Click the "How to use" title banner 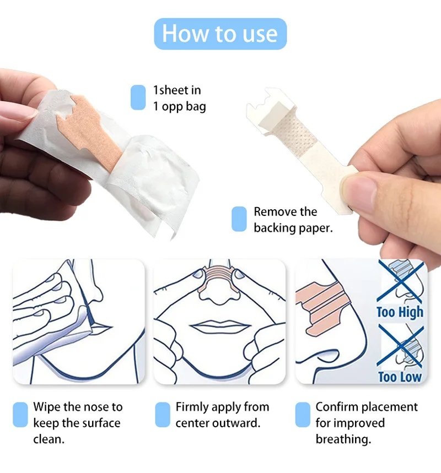pos(220,34)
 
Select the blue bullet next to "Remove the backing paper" pos(239,219)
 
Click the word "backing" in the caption pos(274,227)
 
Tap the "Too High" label pos(400,312)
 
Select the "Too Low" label pos(400,377)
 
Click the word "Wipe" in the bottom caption pos(46,407)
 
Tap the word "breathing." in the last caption pos(343,439)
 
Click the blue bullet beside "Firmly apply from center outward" pos(163,415)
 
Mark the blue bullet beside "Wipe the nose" pos(20,415)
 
